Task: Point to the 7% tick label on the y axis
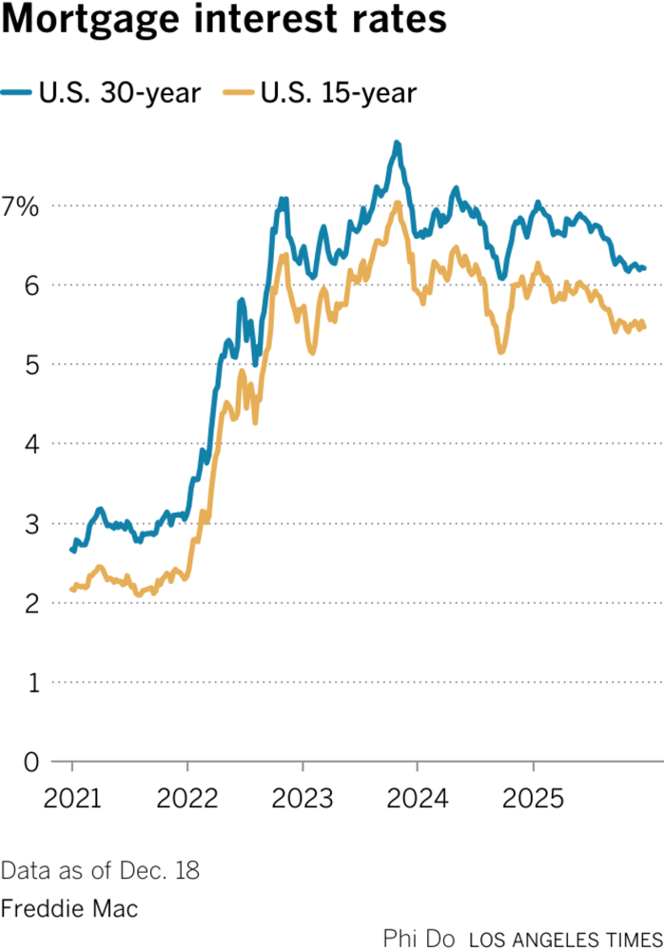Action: coord(21,205)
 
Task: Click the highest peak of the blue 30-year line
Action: coord(397,144)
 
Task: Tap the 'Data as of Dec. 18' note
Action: coord(100,870)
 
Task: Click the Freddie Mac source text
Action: coord(69,908)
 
